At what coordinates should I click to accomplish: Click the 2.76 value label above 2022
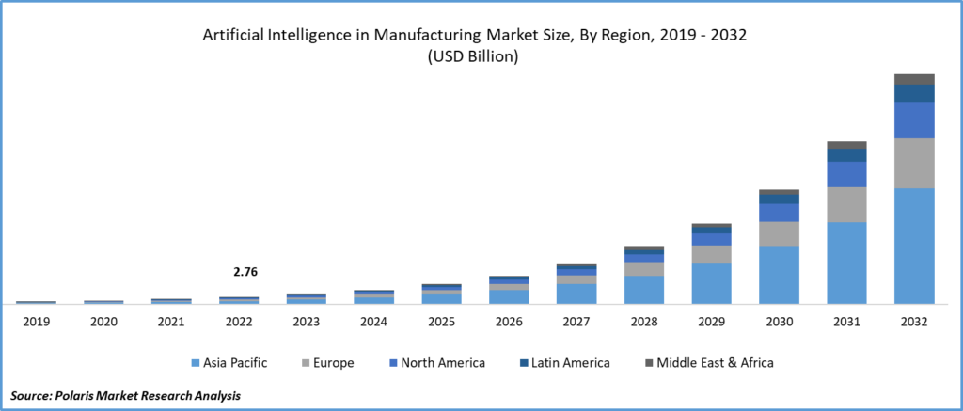tap(245, 272)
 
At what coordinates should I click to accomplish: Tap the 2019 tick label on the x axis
tap(37, 322)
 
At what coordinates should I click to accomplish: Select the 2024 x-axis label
tap(373, 322)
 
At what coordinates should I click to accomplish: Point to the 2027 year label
tap(576, 322)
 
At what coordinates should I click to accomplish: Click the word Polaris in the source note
tap(87, 396)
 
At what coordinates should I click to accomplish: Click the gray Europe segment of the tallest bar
tap(914, 163)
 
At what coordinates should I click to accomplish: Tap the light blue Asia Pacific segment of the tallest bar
tap(914, 245)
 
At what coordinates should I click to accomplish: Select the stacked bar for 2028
tap(643, 276)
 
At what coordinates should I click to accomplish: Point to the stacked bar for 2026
tap(509, 291)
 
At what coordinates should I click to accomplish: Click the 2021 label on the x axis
tap(171, 322)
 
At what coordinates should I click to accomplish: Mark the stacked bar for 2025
tap(441, 294)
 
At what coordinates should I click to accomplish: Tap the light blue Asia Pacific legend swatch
tap(196, 363)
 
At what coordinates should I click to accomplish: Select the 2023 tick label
tap(306, 322)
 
